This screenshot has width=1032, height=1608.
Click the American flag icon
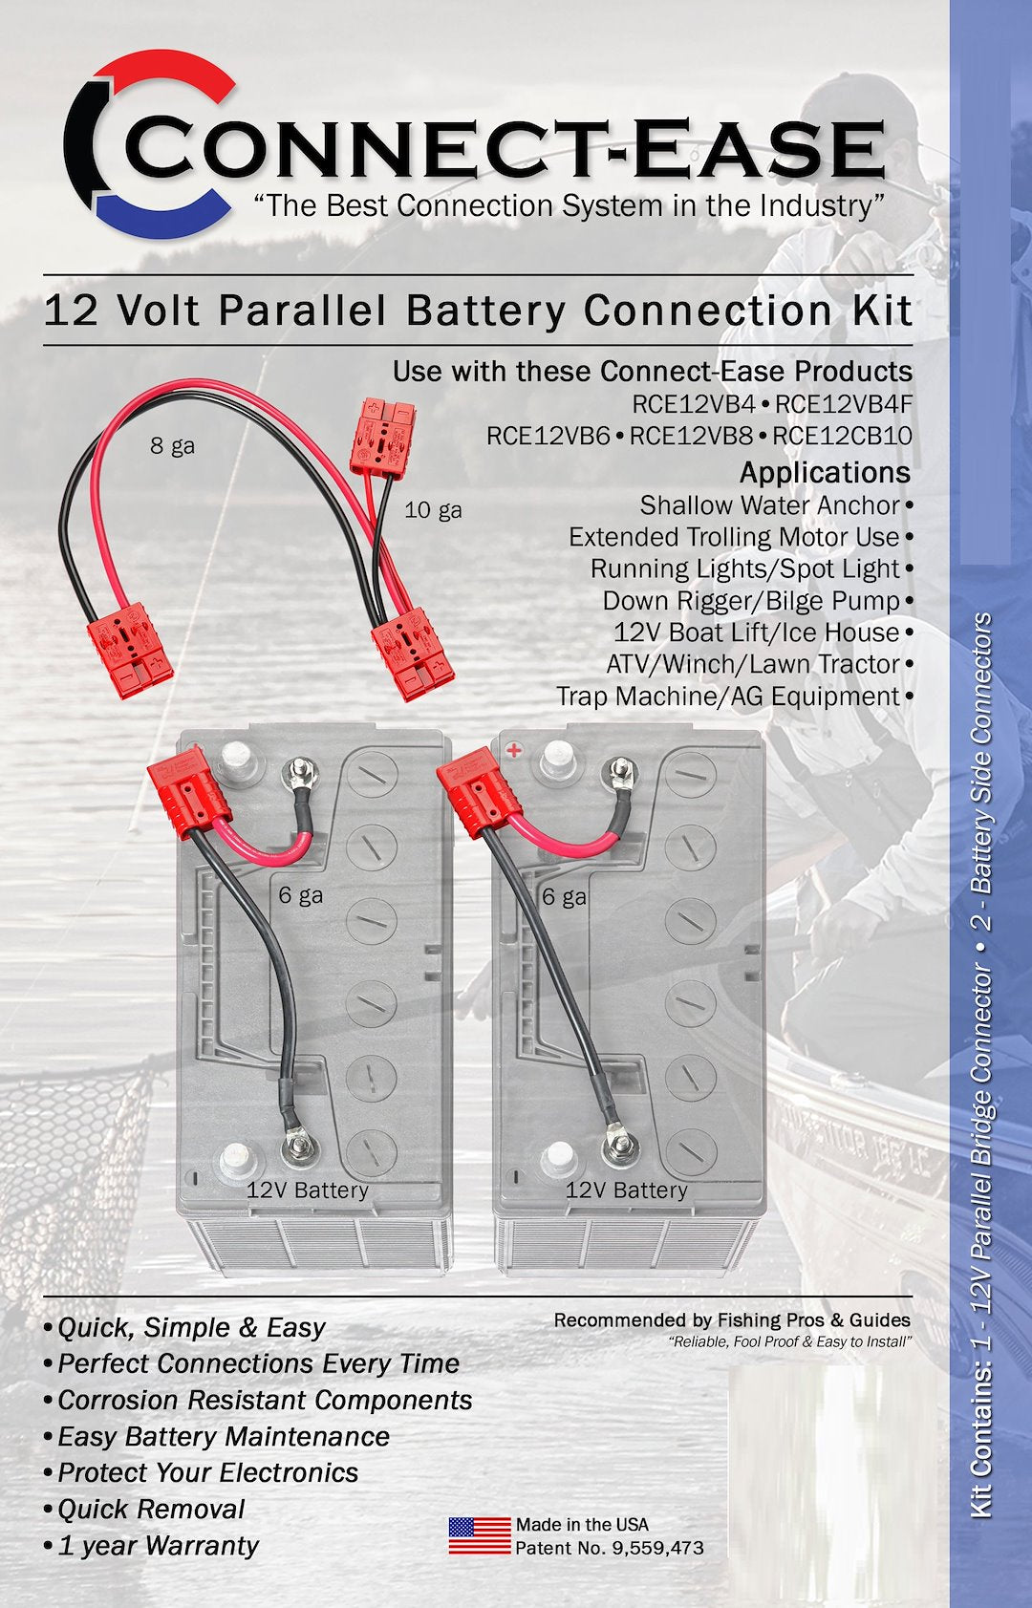point(480,1535)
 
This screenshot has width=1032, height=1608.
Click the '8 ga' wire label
point(172,445)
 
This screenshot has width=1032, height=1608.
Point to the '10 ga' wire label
point(433,510)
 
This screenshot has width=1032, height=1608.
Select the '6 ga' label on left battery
point(300,896)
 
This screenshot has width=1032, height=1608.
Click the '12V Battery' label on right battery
point(626,1190)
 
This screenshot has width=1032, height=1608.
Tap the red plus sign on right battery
point(514,750)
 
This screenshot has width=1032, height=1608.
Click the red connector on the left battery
point(188,790)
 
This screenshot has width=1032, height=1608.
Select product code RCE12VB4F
point(844,404)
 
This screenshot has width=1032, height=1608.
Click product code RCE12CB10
point(842,436)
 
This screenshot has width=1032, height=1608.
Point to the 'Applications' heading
point(825,472)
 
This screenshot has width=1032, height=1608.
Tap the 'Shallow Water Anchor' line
point(769,504)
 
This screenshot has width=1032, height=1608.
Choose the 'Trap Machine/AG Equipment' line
point(728,696)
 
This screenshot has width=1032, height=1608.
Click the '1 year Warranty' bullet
point(158,1545)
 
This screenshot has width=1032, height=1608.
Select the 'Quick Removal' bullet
point(151,1509)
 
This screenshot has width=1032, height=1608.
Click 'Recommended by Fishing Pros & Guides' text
point(732,1320)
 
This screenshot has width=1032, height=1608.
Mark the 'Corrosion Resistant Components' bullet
point(265,1400)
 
